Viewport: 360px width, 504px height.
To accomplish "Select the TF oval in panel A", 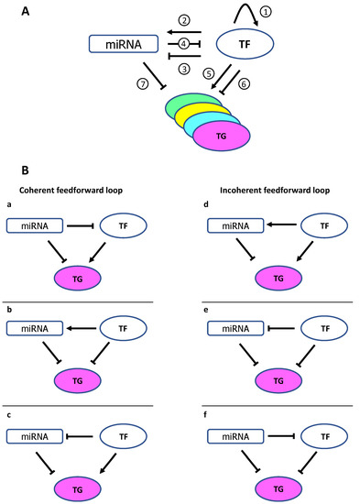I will [246, 43].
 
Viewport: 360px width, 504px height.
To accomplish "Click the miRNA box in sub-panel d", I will [235, 225].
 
